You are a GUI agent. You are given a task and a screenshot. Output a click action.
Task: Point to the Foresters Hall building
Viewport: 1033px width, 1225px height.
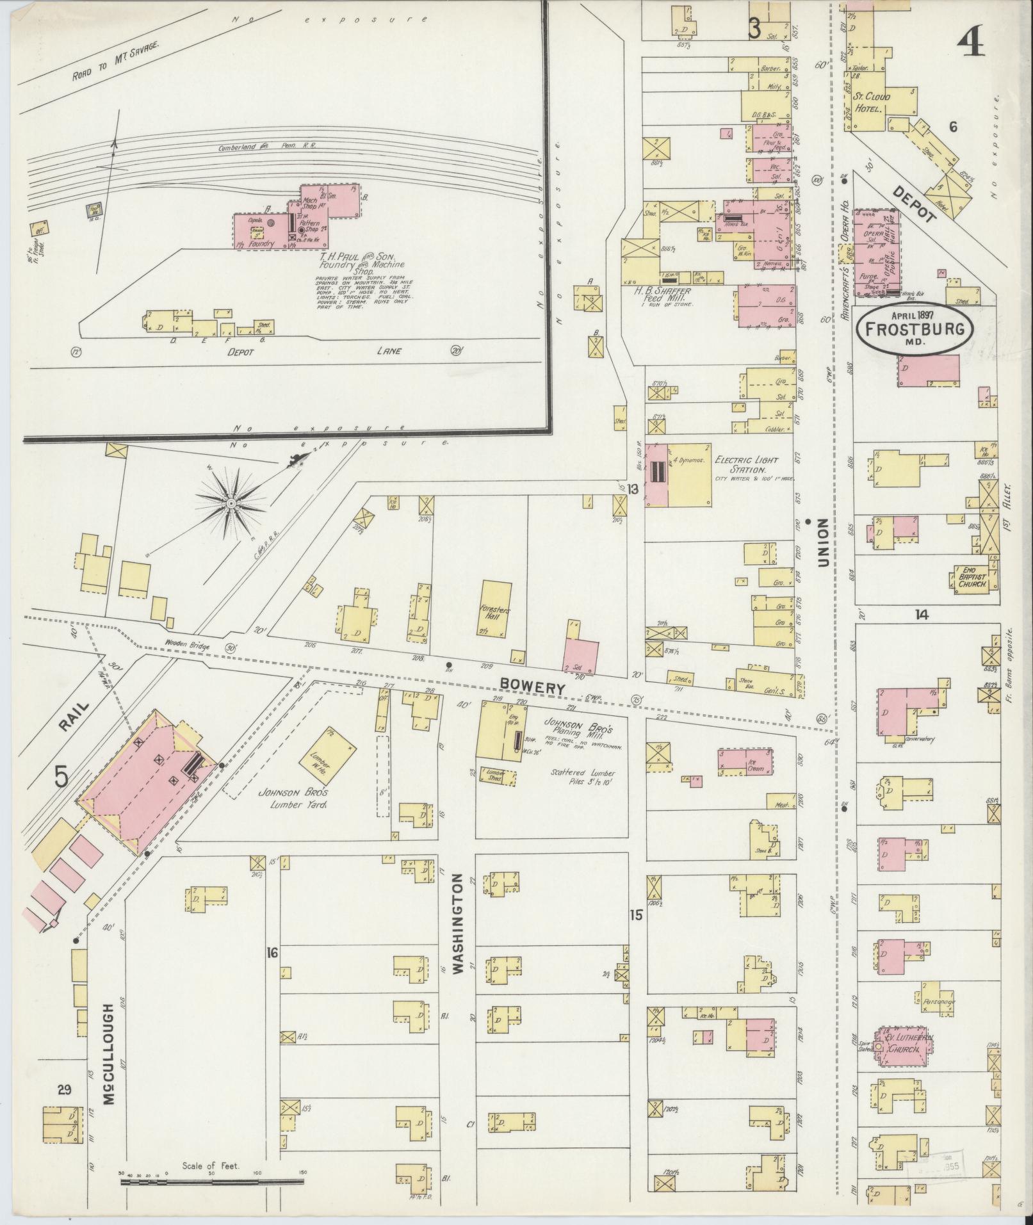496,609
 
